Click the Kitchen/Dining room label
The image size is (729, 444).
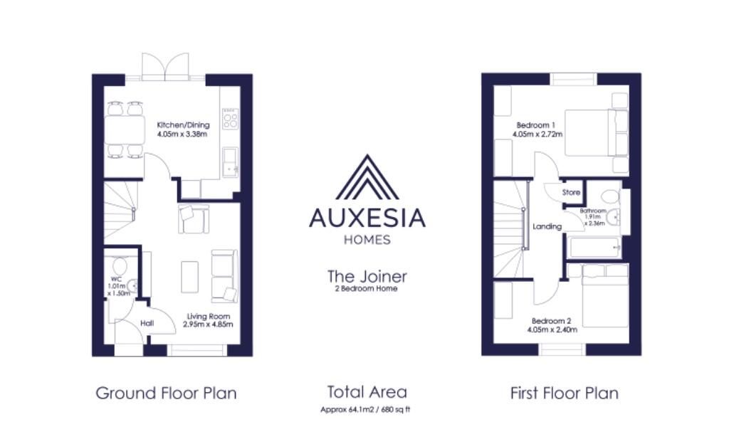(183, 125)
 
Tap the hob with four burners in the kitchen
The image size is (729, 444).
(230, 118)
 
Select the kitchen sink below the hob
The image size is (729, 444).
(230, 162)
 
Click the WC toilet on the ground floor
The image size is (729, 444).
(120, 266)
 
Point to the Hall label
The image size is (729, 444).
(147, 323)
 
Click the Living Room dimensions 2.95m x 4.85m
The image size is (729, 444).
(208, 324)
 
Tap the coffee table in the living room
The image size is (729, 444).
(189, 277)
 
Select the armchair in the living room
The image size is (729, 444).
(194, 218)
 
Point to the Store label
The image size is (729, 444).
(571, 192)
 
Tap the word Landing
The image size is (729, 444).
(547, 227)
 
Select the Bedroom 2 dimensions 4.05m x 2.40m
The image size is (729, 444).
(552, 329)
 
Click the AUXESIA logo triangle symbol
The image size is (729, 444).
(367, 178)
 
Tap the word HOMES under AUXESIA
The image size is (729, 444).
(367, 240)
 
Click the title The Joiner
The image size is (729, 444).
(367, 276)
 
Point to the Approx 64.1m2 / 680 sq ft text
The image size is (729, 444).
(365, 410)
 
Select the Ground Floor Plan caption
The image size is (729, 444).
(166, 393)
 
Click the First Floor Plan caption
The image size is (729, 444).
(565, 393)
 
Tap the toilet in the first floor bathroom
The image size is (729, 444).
(609, 197)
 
